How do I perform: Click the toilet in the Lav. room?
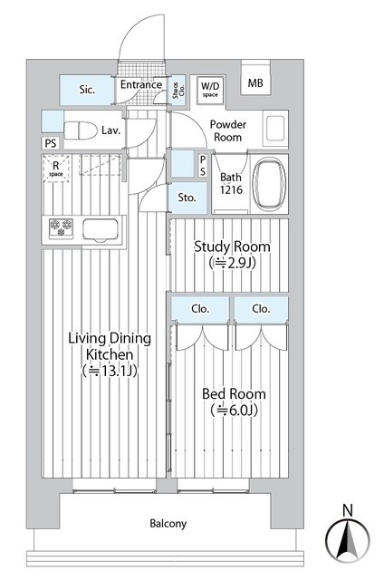click(81, 130)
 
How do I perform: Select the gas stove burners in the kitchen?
click(61, 227)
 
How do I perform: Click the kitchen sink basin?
click(101, 229)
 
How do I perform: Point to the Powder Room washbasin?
click(275, 129)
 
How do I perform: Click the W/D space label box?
click(210, 90)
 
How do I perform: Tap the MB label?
click(255, 83)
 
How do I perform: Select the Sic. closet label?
click(87, 90)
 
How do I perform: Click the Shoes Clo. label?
click(178, 91)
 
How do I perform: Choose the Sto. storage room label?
click(187, 198)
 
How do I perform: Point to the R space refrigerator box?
click(56, 169)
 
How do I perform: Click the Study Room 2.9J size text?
click(232, 263)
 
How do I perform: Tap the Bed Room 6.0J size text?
click(234, 410)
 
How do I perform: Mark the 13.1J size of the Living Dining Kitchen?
click(110, 371)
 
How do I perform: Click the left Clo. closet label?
click(200, 308)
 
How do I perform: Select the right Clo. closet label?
click(261, 308)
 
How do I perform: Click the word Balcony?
click(168, 524)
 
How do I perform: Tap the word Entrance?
click(141, 84)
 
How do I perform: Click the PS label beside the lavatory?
click(51, 143)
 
